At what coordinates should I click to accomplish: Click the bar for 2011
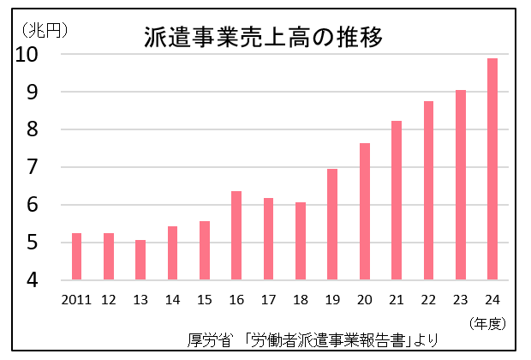pyautogui.click(x=76, y=256)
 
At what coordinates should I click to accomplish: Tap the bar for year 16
pyautogui.click(x=236, y=236)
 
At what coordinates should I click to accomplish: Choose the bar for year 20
pyautogui.click(x=364, y=212)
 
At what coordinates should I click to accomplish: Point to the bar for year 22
pyautogui.click(x=428, y=190)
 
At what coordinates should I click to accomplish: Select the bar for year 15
pyautogui.click(x=205, y=250)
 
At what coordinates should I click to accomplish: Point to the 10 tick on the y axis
pyautogui.click(x=28, y=55)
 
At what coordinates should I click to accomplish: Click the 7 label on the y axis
pyautogui.click(x=33, y=167)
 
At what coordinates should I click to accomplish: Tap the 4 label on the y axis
pyautogui.click(x=33, y=280)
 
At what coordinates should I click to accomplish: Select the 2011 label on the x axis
pyautogui.click(x=76, y=299)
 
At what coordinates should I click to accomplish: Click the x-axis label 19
pyautogui.click(x=332, y=299)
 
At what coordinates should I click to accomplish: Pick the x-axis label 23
pyautogui.click(x=460, y=299)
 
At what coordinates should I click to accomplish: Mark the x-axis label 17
pyautogui.click(x=268, y=299)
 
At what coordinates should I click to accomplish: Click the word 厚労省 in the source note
pyautogui.click(x=210, y=340)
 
